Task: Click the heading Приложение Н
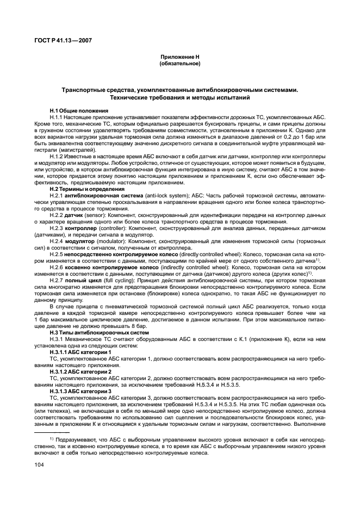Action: click(x=180, y=57)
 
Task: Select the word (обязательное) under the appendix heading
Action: click(x=180, y=64)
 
